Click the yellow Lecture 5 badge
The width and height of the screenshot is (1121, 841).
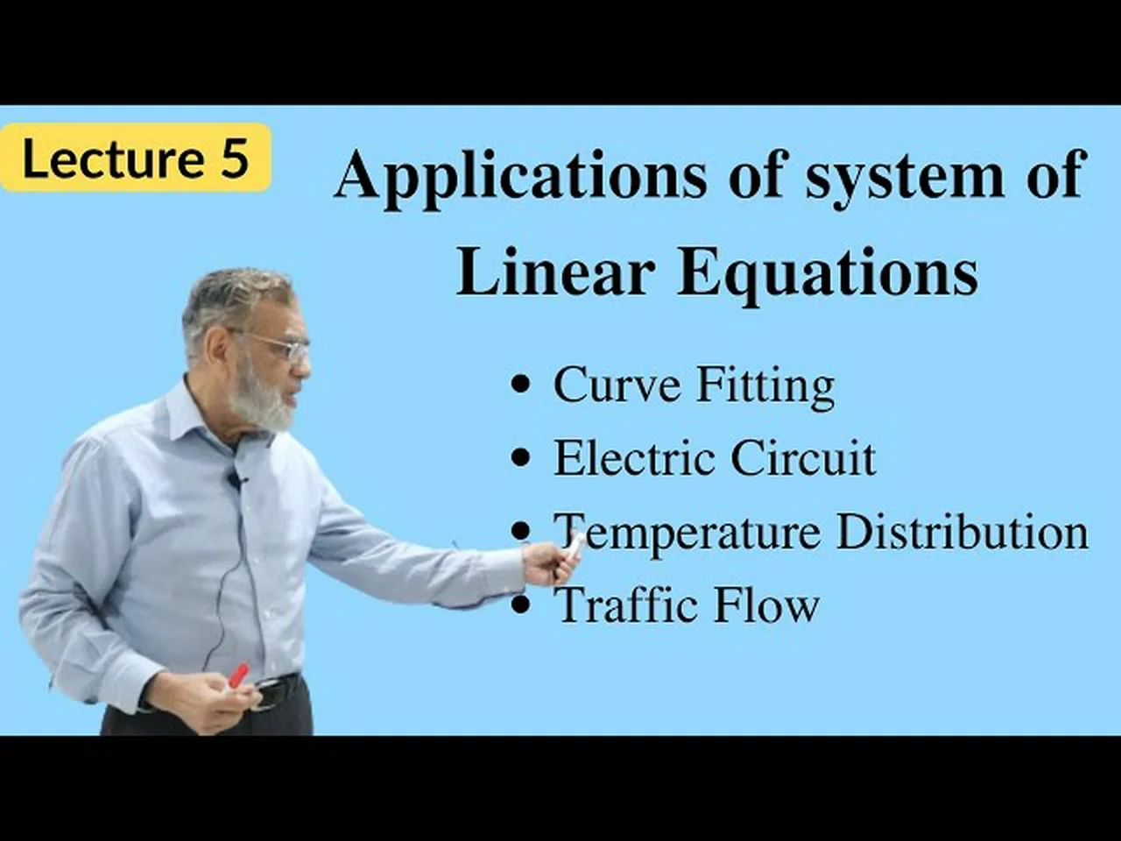click(136, 158)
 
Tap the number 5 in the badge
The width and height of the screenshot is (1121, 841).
click(235, 158)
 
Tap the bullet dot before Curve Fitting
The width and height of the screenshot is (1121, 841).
click(520, 384)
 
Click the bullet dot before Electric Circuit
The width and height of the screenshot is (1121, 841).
click(520, 457)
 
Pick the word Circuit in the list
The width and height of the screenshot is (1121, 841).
click(803, 457)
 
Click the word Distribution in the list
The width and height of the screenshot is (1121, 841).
click(962, 532)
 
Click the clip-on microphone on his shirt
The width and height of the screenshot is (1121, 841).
click(235, 479)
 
